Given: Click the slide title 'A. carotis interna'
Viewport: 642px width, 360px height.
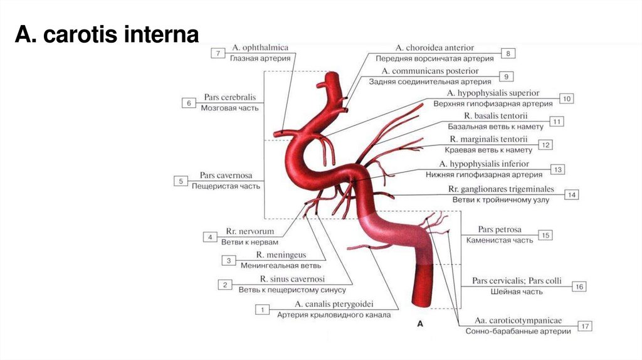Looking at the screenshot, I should click(x=107, y=34).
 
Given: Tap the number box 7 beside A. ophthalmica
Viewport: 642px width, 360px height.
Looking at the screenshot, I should click(x=217, y=54).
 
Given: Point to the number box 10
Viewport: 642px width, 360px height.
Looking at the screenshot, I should click(x=566, y=98).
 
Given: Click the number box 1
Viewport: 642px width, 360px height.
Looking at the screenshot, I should click(x=262, y=309).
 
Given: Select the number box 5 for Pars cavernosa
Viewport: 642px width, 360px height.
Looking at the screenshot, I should click(x=181, y=181).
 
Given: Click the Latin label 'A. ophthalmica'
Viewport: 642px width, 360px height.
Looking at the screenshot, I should click(x=260, y=48).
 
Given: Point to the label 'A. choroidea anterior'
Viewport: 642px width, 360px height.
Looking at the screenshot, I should click(x=434, y=48).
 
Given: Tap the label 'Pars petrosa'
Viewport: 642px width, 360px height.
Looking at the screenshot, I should click(x=499, y=230).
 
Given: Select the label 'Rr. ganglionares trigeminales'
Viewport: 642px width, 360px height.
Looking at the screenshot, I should click(x=501, y=189).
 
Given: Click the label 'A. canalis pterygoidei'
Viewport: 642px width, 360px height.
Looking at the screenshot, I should click(x=334, y=304).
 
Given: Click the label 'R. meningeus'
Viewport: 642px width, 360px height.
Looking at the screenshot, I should click(x=280, y=255).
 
